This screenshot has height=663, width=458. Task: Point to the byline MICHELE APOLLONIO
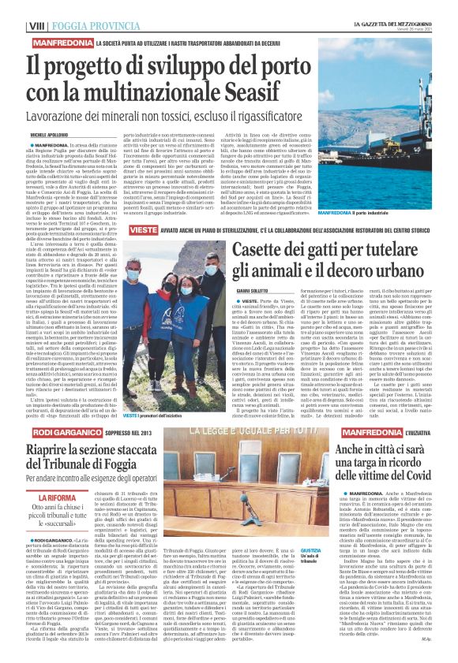click(x=26, y=134)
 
